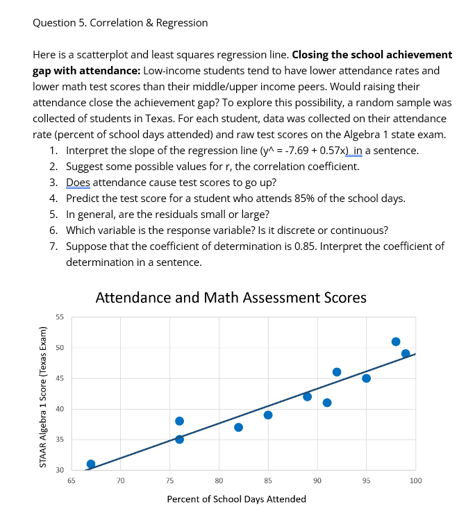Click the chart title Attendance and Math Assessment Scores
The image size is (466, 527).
click(231, 298)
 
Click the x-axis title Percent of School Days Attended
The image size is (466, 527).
click(236, 499)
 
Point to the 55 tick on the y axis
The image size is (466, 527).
click(60, 317)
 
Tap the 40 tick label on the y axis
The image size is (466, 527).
click(60, 409)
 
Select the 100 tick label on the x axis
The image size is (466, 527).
click(415, 480)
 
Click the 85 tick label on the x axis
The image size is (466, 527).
click(268, 480)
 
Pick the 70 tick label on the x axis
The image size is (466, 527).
click(120, 480)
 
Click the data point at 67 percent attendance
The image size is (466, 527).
click(91, 464)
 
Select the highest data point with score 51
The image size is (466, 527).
click(396, 342)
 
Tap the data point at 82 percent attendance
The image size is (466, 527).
click(238, 427)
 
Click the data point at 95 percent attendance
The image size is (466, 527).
click(366, 378)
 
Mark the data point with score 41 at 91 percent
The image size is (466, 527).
click(327, 403)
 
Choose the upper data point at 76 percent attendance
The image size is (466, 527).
click(179, 421)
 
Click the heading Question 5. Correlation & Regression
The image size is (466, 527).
click(120, 23)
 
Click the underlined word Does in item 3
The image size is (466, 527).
click(78, 183)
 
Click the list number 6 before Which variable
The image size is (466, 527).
click(53, 231)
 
